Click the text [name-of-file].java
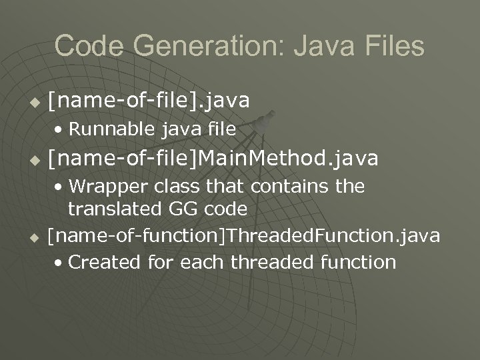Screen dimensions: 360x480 149,101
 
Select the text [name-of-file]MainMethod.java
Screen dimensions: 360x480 213,159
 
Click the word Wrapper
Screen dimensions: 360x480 103,186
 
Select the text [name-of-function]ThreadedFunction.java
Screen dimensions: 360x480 244,235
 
